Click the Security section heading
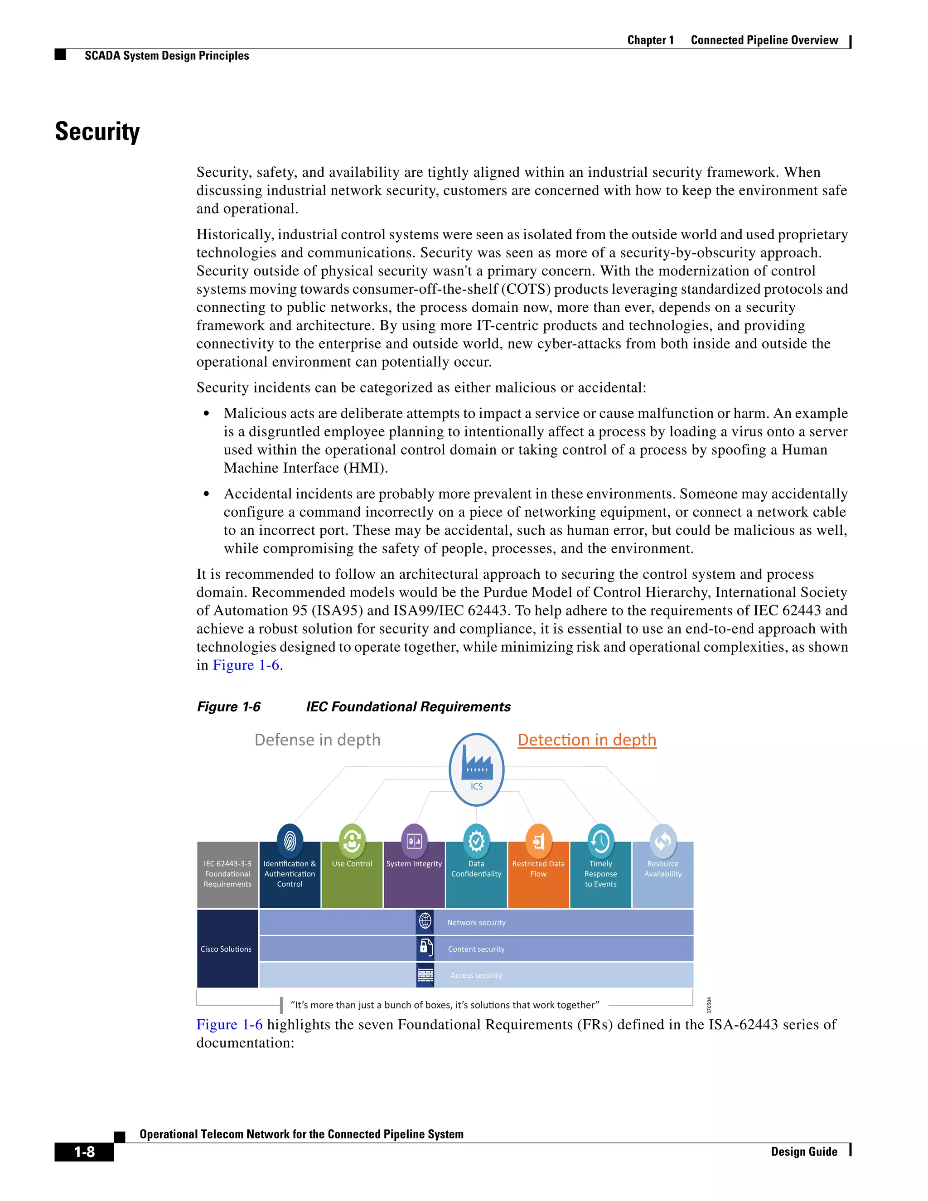click(x=97, y=132)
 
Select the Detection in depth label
click(x=587, y=740)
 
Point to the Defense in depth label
click(x=317, y=740)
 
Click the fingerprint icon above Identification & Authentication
click(x=290, y=840)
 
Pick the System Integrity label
click(x=414, y=864)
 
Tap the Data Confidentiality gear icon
click(x=476, y=840)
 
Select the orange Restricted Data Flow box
click(x=538, y=880)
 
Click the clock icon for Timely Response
click(x=600, y=840)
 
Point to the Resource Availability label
click(x=662, y=869)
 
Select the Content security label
click(x=476, y=949)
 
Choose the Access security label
click(x=476, y=976)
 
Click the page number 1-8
click(x=84, y=1152)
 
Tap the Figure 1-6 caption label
click(x=229, y=707)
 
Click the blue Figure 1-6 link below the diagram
click(x=229, y=1025)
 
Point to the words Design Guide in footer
click(x=804, y=1152)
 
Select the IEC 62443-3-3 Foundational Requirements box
click(x=227, y=874)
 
